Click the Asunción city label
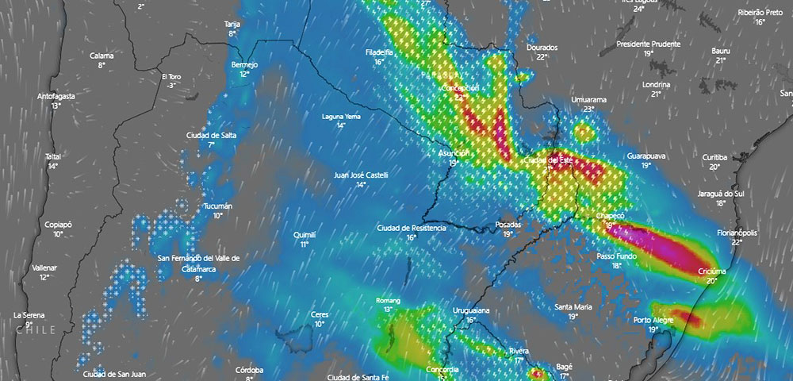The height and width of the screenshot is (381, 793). click(454, 152)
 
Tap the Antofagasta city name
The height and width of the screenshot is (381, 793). click(56, 96)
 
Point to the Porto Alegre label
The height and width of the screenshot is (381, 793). click(653, 320)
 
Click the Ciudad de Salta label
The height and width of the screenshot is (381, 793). click(212, 135)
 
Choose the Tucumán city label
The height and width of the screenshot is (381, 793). click(218, 206)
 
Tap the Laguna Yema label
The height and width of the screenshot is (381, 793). click(341, 117)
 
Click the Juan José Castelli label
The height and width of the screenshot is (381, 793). click(362, 175)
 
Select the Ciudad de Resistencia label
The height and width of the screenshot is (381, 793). click(412, 228)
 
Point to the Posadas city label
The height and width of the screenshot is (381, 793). click(508, 225)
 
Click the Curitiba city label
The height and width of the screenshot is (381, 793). click(715, 157)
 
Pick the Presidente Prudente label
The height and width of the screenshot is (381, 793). click(648, 44)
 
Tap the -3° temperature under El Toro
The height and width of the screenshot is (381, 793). click(172, 85)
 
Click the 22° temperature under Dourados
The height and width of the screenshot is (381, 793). click(542, 57)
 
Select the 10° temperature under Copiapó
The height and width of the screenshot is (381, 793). click(58, 234)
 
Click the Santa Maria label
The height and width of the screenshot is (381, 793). click(573, 307)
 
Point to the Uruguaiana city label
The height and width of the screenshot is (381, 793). click(471, 310)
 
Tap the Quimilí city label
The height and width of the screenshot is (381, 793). click(305, 235)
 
